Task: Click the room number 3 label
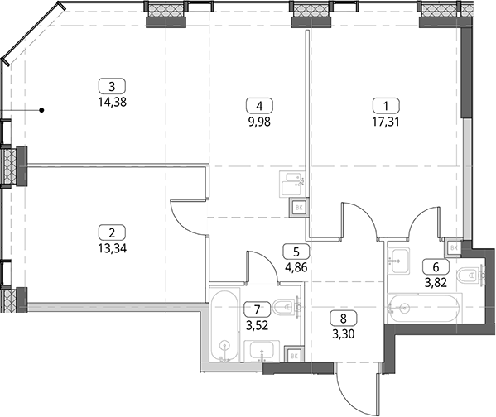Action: (x=113, y=86)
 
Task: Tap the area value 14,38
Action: (x=113, y=102)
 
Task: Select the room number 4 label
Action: (x=259, y=106)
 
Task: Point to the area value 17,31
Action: (x=386, y=122)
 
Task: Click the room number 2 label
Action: (x=113, y=232)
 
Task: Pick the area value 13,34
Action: (x=113, y=249)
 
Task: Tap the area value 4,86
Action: (x=296, y=268)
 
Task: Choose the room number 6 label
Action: (x=436, y=267)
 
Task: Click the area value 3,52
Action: (x=258, y=325)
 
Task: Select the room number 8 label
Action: (x=344, y=318)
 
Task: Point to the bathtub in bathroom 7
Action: (x=224, y=324)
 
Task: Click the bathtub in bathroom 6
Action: (x=426, y=308)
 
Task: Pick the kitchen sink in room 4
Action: (x=292, y=184)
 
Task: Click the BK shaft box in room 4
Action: (x=299, y=208)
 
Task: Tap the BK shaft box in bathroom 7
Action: (x=294, y=356)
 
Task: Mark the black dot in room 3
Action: (x=41, y=110)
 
